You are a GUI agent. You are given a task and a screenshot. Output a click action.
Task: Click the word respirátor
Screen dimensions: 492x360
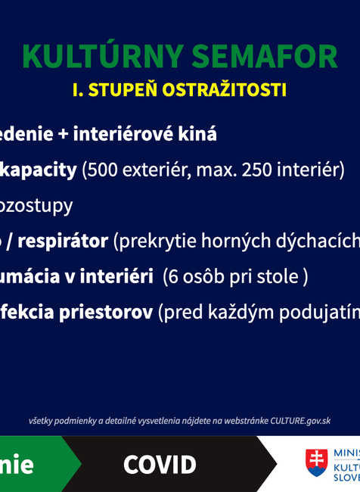(64, 241)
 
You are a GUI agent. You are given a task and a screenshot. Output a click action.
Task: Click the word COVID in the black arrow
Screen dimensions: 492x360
(160, 465)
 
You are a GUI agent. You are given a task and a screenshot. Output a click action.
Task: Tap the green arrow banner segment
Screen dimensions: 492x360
(34, 464)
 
